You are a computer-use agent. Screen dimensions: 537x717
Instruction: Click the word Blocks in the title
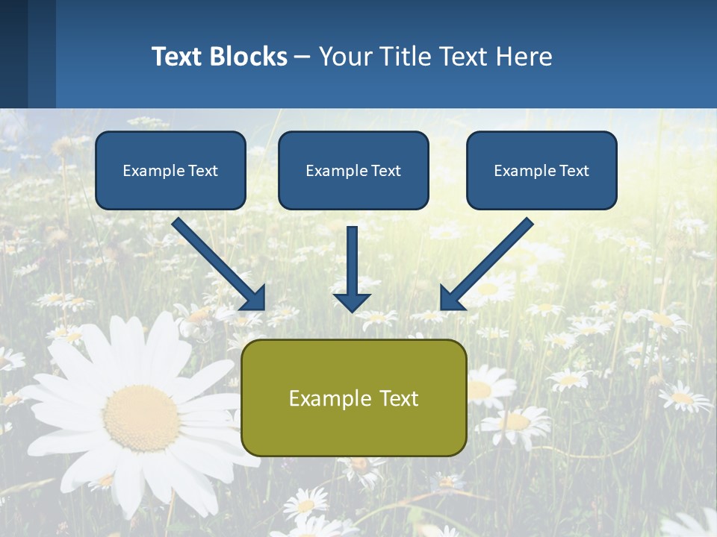248,57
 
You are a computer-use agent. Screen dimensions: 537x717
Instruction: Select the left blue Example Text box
170,170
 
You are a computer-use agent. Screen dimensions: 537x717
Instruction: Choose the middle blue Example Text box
353,170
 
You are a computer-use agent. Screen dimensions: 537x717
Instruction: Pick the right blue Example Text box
541,170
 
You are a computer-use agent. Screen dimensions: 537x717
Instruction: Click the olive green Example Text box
353,398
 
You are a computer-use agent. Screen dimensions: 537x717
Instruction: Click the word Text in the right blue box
573,171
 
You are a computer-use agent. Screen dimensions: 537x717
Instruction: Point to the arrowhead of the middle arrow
352,301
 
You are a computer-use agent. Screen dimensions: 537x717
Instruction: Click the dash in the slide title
302,57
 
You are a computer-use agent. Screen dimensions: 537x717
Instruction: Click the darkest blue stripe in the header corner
13,54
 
